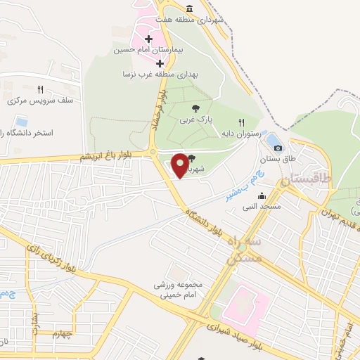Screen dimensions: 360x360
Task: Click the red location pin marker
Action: [181, 165]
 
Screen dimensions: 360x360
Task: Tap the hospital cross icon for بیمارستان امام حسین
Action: [148, 39]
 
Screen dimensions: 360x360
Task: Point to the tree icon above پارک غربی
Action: [195, 108]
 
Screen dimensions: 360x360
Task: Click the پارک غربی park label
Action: [195, 120]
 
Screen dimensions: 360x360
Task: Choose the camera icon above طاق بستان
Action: [278, 148]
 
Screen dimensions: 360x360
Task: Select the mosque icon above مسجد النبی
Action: [262, 195]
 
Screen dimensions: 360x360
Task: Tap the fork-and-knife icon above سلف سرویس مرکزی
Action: [40, 89]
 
